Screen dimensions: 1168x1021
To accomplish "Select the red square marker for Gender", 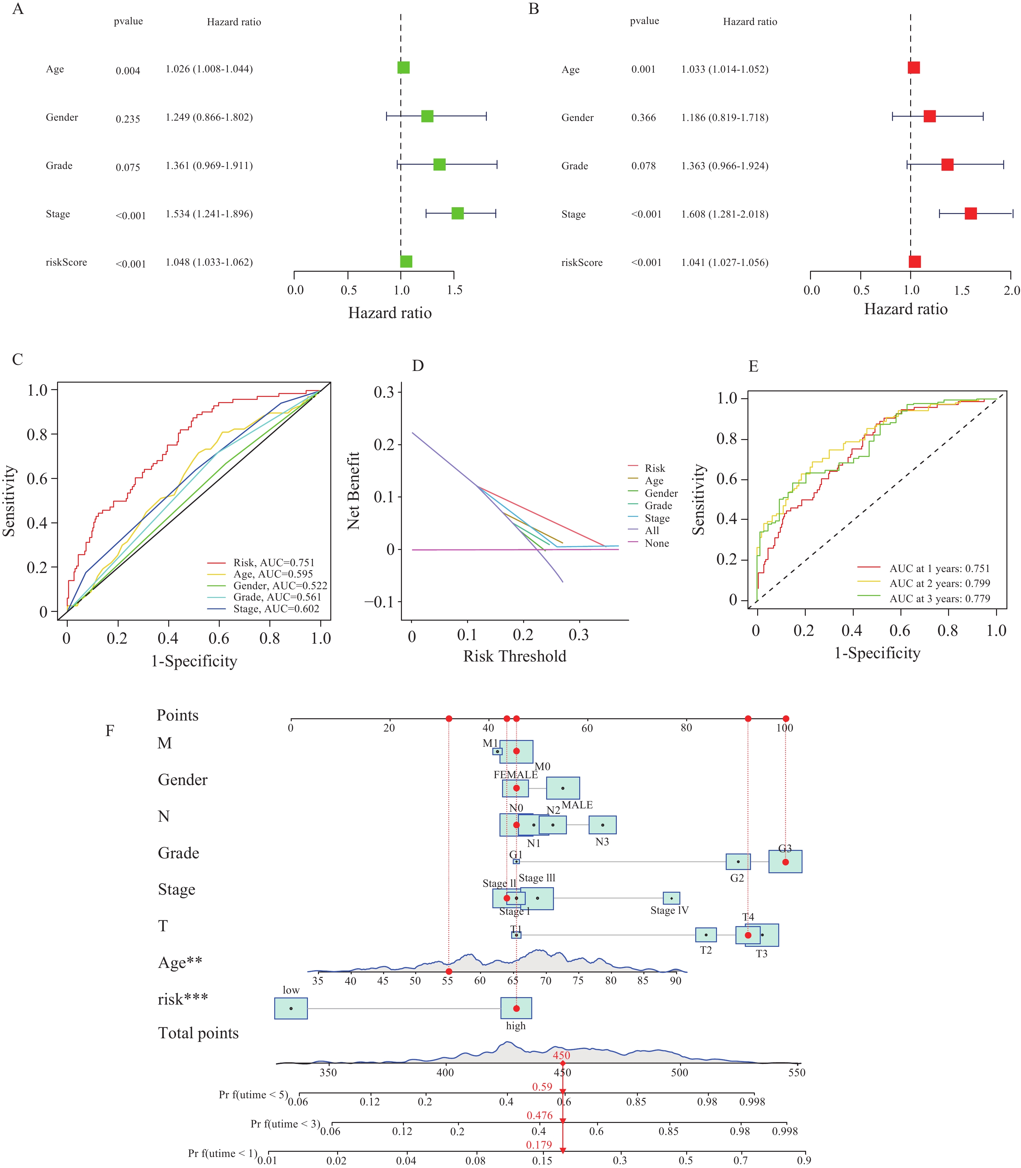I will point(929,116).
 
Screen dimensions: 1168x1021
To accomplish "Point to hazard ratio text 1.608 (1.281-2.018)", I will point(725,214).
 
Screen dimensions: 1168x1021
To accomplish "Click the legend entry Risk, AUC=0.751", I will point(274,563).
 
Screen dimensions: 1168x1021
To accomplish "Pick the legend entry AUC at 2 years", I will point(939,583).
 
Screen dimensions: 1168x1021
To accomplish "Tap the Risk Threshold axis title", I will point(514,656).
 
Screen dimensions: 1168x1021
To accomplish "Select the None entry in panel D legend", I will point(656,543).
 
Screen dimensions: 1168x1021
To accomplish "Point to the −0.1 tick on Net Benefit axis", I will point(380,602).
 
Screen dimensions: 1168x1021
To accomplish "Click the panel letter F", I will point(110,731).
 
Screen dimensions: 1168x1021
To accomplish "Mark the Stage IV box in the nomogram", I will point(671,898).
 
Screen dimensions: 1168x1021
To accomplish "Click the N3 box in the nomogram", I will point(602,825).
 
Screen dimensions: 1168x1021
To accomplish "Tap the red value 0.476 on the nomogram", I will point(540,1115).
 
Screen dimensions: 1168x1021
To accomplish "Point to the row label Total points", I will point(198,1033).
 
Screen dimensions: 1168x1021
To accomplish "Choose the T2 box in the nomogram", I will point(706,935).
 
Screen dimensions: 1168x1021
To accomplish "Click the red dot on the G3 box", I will point(785,862).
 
